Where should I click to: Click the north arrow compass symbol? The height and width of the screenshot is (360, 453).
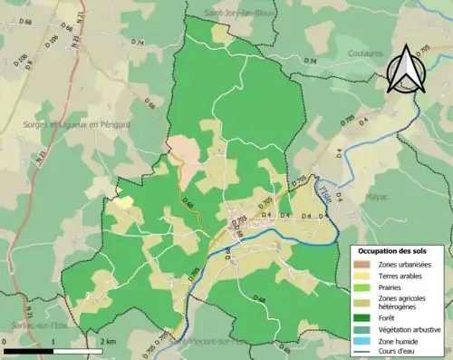point(407,68)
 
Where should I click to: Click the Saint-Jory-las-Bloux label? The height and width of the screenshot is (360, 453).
point(239,13)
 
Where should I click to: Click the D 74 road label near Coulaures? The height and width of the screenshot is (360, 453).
point(311,61)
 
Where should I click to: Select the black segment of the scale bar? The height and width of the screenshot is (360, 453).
point(27,348)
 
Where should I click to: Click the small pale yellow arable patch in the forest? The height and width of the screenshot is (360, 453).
point(122,202)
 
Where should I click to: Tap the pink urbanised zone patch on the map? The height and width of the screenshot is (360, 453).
point(184,149)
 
